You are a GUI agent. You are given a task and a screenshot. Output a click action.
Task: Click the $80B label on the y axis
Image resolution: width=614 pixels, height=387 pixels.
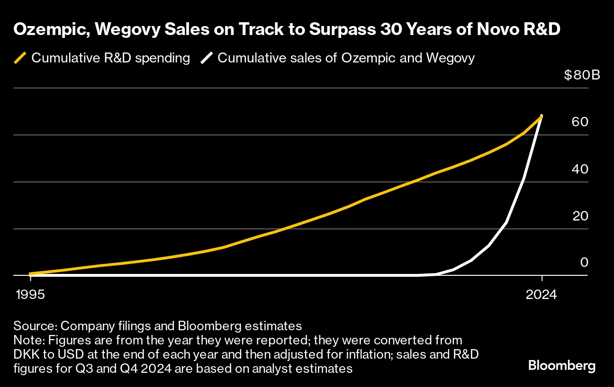pos(582,75)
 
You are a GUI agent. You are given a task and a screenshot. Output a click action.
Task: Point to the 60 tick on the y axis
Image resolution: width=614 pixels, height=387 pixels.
pos(580,122)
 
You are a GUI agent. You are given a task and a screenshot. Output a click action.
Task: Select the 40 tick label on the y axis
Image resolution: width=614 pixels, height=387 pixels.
pos(580,169)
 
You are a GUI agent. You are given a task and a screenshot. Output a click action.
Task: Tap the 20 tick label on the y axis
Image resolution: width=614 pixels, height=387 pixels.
pos(580,216)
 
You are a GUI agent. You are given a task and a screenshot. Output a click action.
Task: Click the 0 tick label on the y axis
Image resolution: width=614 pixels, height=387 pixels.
pos(584,263)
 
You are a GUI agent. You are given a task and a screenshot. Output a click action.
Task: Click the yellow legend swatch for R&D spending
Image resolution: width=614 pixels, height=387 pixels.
pos(20,58)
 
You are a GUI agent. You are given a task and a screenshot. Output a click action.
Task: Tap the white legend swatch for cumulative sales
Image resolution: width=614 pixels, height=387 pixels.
pos(206,58)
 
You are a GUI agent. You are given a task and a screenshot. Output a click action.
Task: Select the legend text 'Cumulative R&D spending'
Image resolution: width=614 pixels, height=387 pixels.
pos(110,58)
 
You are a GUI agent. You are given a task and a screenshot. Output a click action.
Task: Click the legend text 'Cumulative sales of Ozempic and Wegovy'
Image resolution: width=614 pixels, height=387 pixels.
pos(346,58)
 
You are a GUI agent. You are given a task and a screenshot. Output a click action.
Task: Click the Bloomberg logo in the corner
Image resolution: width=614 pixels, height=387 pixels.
pos(561,366)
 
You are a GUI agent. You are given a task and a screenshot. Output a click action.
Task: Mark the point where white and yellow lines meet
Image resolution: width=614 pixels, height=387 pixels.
pos(542,116)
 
